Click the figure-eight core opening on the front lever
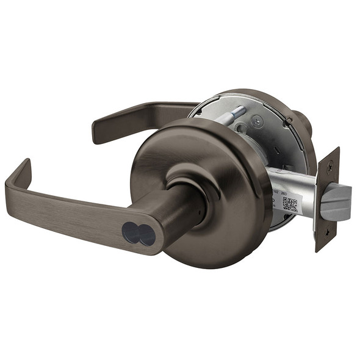[137, 232]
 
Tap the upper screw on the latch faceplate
[330, 164]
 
